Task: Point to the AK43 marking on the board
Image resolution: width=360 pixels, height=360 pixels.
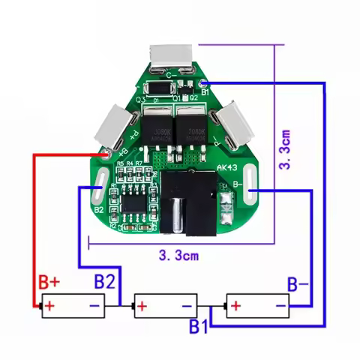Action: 226,168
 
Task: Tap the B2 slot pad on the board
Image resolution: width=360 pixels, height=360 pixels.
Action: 100,181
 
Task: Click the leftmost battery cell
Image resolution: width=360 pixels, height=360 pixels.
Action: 72,306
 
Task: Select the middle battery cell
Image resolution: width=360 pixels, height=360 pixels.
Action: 164,306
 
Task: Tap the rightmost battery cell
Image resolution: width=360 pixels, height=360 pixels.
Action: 257,306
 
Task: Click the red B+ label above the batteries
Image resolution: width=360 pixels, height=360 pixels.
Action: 49,283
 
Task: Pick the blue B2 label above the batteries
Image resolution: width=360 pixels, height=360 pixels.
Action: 104,283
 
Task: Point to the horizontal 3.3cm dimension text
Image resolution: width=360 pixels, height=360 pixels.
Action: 178,255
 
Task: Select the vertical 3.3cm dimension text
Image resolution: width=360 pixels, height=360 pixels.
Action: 284,148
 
